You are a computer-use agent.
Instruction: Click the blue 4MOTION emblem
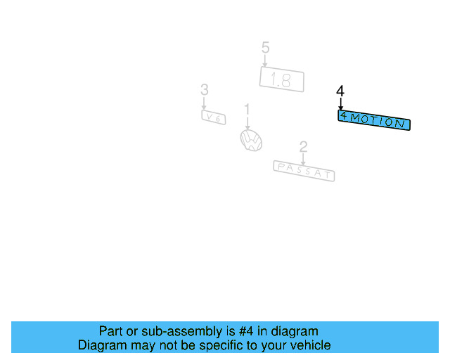373,120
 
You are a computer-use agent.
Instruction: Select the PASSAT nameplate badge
304,170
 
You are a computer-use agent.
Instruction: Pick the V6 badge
213,117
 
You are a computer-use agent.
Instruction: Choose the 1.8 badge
281,79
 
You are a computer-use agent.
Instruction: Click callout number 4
340,91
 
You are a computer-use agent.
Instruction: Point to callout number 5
265,48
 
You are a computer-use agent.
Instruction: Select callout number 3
204,90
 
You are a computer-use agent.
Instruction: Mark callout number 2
303,147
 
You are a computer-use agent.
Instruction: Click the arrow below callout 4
340,104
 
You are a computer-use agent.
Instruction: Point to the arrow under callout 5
265,60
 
